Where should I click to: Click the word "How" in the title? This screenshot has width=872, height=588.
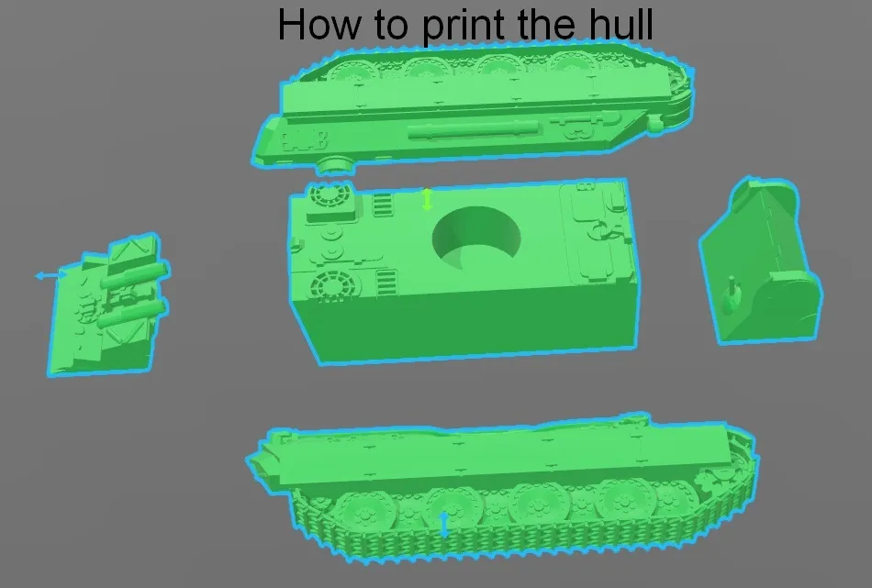pos(319,25)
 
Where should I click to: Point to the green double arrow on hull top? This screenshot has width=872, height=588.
pos(427,199)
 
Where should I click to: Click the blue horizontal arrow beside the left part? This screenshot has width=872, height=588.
pos(50,275)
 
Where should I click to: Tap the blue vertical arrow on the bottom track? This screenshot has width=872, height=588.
pos(443,524)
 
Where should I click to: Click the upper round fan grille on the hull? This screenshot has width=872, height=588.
pos(330,195)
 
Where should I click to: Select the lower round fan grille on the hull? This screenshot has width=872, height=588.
pos(332,285)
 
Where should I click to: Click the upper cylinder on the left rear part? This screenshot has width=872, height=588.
pos(134,276)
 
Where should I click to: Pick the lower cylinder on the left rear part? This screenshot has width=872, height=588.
pos(131,314)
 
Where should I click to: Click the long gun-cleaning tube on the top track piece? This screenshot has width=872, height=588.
pos(474,130)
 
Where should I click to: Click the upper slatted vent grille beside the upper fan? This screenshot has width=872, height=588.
pos(382,204)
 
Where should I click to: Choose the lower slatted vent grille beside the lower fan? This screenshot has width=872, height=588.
pos(386,283)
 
